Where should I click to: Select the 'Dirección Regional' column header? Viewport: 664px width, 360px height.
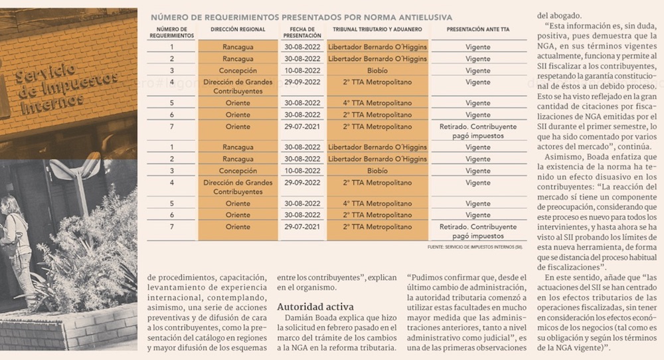click(238, 30)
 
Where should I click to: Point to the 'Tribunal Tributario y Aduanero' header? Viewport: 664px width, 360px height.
click(377, 30)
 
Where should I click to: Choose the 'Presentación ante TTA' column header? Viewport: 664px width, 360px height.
click(478, 30)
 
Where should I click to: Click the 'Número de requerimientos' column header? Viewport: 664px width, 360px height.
click(172, 33)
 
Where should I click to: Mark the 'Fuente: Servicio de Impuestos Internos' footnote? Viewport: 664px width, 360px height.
click(475, 247)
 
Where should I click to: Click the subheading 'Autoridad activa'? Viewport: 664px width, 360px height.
click(315, 307)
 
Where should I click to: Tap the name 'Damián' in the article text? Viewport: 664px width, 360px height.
click(301, 318)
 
